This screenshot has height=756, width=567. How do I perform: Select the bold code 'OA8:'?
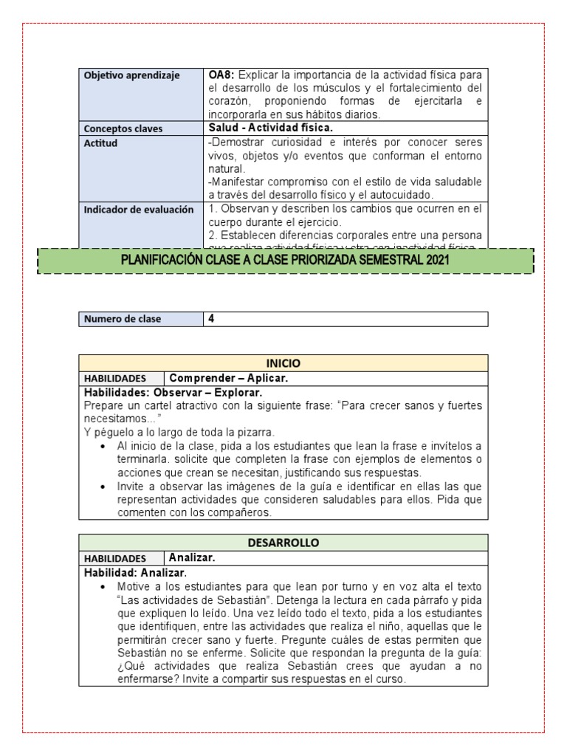pos(221,75)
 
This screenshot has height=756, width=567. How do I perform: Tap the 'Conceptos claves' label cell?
pos(123,128)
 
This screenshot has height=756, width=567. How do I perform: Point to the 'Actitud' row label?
pos(101,143)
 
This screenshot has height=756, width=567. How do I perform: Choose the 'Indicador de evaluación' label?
pos(139,210)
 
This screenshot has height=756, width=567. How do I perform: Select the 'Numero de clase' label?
pos(123,319)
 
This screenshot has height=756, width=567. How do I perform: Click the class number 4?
pos(212,319)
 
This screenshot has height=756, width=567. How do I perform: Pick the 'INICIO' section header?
pos(283,363)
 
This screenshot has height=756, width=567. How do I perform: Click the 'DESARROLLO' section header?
pos(283,543)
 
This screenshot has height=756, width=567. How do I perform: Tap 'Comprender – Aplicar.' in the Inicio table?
pos(228,378)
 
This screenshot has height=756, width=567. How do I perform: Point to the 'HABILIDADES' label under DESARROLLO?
pos(115,559)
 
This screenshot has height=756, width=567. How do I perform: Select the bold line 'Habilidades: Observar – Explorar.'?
pos(173,392)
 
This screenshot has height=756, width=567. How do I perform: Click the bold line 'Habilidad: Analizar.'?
pos(135,573)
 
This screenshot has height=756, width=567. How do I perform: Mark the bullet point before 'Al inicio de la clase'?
pos(101,447)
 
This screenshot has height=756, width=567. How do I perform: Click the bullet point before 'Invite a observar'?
pos(101,487)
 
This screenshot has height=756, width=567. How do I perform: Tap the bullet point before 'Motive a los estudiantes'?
pos(101,587)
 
